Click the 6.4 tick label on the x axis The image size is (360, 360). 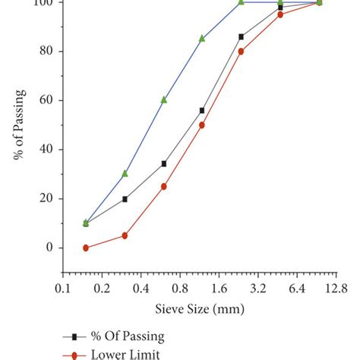(x=297, y=289)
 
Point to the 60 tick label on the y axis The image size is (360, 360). (x=47, y=100)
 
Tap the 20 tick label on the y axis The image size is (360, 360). (x=47, y=199)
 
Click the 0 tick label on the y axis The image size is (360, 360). (x=50, y=248)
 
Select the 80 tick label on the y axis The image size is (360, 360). (x=47, y=52)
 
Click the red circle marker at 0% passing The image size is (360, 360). (x=86, y=248)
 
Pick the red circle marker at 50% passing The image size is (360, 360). (x=202, y=125)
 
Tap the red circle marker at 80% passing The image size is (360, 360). (x=242, y=52)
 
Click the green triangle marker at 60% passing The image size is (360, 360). (x=163, y=99)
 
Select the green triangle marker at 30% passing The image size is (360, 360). (x=125, y=173)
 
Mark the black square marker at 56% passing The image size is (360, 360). (x=202, y=110)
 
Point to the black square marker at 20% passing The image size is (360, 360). (x=125, y=199)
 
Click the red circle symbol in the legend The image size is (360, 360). (x=74, y=354)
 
